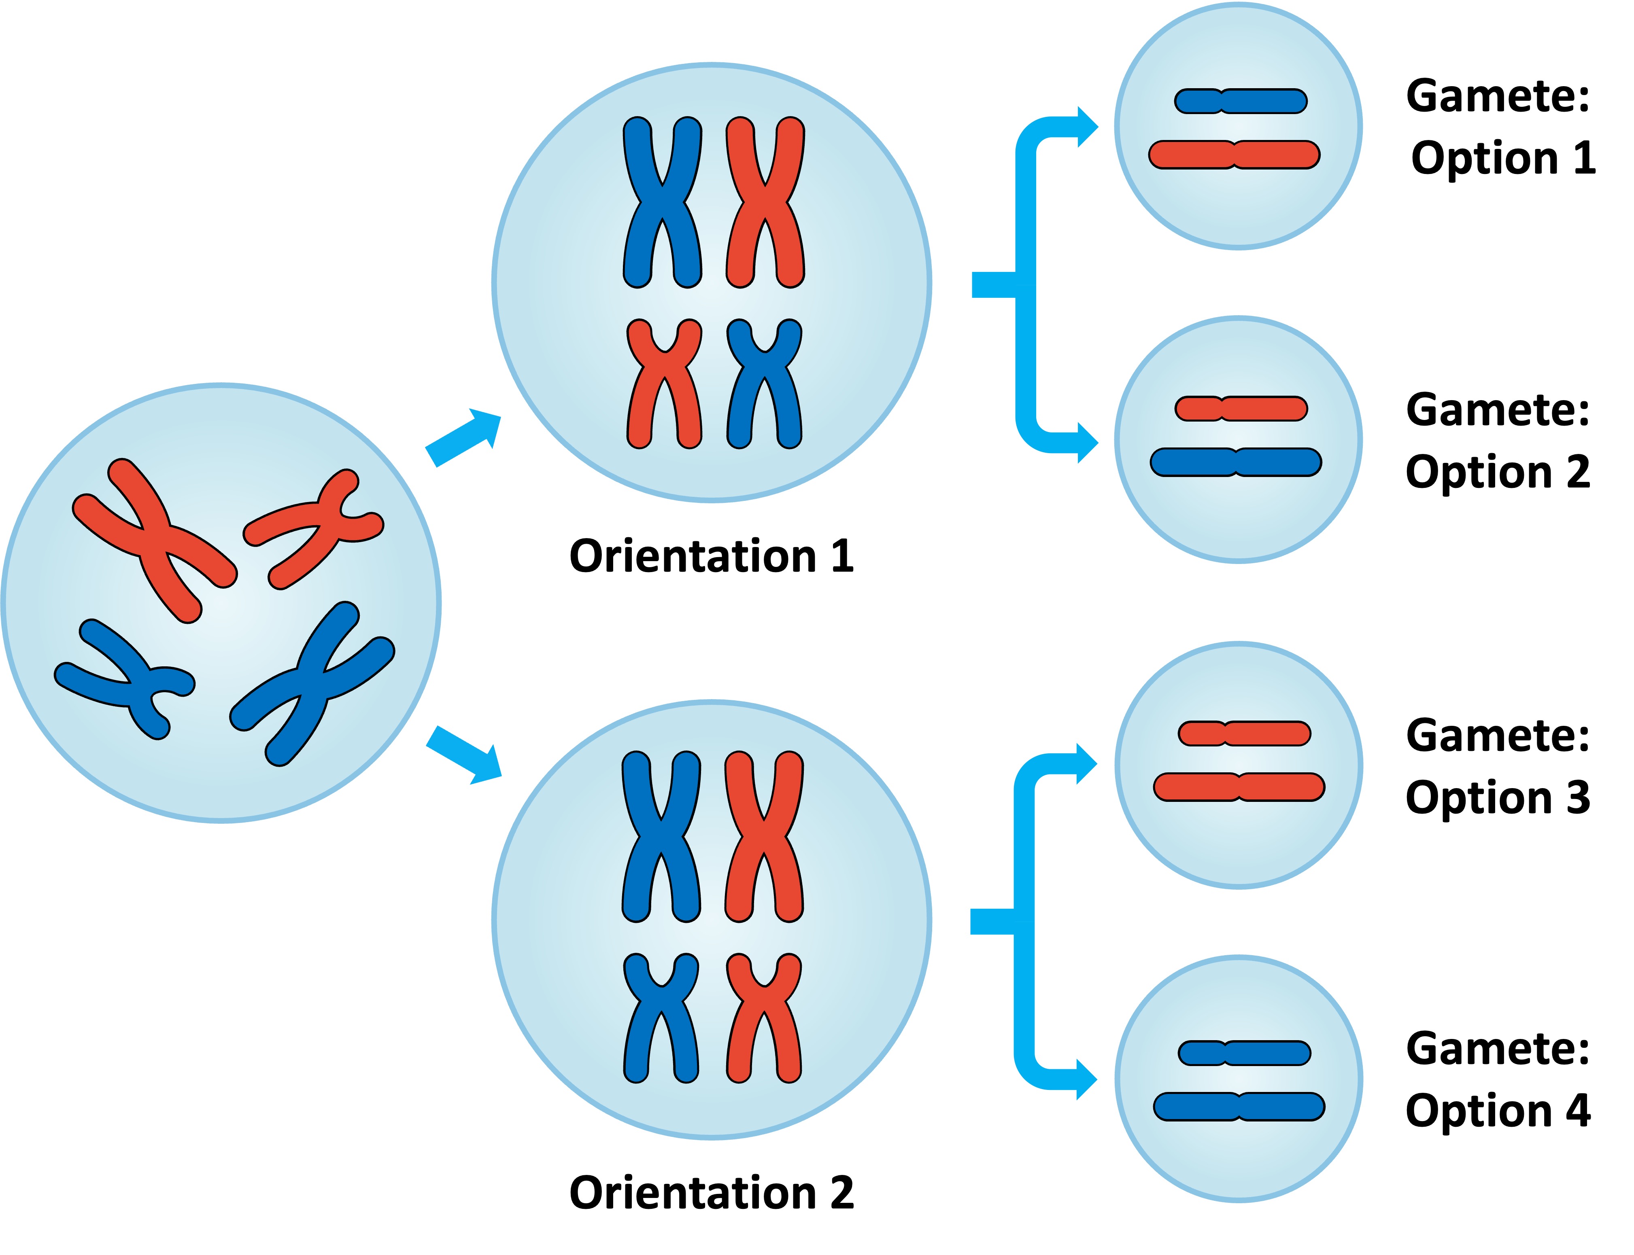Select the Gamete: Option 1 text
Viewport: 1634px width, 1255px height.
point(1500,127)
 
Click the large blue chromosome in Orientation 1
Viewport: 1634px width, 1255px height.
point(662,202)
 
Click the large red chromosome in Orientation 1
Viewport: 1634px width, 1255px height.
point(764,202)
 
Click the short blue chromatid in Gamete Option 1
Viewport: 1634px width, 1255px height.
point(1240,101)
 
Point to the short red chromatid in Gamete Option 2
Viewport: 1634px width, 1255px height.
point(1240,409)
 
